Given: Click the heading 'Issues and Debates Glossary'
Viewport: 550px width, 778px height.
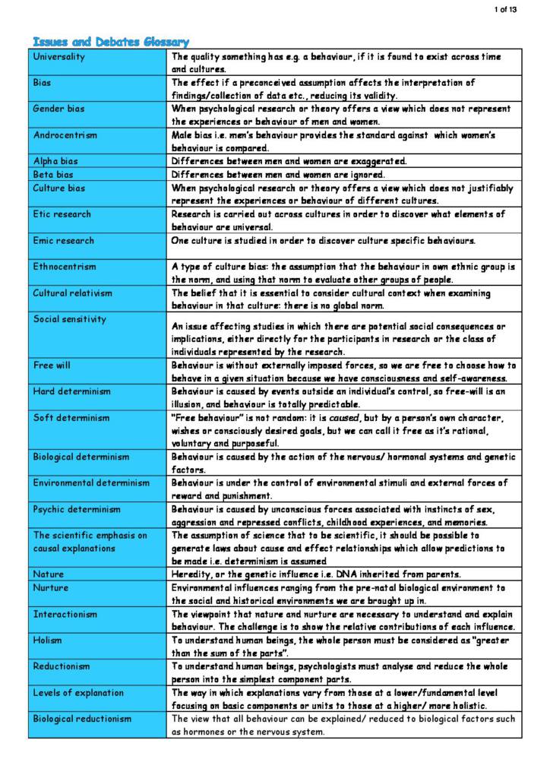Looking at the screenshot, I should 110,41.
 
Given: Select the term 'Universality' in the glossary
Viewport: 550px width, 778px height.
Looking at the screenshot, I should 59,57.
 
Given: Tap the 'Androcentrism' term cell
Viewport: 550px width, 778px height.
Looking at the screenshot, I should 65,135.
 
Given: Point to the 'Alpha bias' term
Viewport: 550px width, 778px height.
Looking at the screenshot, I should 56,161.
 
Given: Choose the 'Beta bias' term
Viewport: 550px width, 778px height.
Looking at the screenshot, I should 54,174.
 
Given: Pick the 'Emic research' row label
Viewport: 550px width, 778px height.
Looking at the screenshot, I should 64,241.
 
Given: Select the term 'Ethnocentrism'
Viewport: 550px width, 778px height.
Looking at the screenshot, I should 65,267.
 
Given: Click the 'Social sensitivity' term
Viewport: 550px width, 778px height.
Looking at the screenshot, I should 70,319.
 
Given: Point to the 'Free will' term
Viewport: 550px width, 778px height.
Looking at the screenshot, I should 52,365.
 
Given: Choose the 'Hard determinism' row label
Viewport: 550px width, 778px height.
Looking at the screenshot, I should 72,391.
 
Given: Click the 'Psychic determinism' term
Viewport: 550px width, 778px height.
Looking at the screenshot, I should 77,509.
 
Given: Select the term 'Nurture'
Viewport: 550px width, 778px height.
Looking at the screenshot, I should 51,588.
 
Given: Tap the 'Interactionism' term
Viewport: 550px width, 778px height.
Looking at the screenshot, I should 65,614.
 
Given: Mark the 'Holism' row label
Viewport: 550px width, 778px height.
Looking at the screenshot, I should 48,640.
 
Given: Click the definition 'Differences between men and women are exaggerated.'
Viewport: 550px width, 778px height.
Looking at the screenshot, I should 289,161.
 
